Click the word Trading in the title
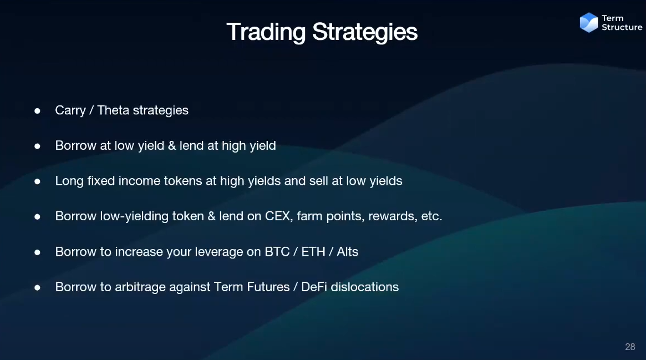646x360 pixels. point(266,33)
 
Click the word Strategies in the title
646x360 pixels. point(365,33)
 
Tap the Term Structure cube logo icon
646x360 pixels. point(589,22)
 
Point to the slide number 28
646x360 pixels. point(630,347)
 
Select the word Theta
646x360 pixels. point(113,110)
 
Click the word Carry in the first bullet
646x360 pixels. point(70,111)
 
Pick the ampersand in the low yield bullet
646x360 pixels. point(172,146)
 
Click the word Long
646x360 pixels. point(69,181)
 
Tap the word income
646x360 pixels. point(139,181)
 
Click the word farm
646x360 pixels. point(309,216)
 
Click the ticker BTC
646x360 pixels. point(277,252)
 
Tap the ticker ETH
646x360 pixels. point(313,252)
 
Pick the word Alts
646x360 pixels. point(348,252)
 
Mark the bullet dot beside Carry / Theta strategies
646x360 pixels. point(38,111)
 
